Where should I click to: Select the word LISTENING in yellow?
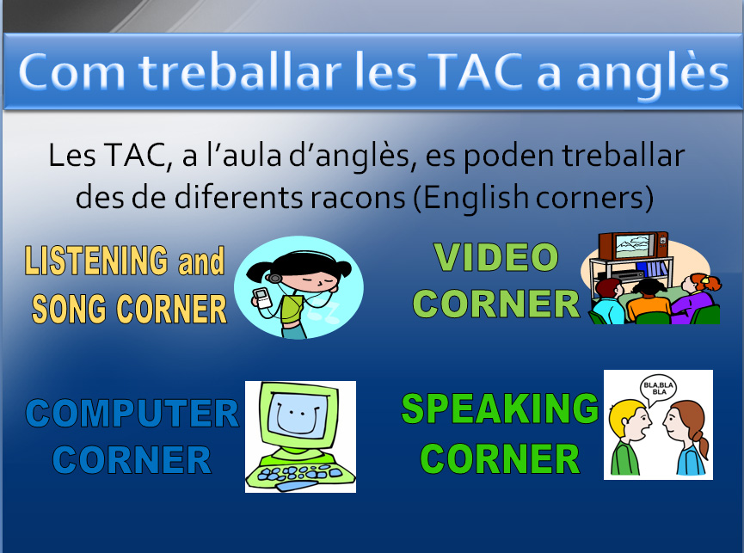point(95,261)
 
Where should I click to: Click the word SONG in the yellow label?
point(69,309)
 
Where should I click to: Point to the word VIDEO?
point(496,257)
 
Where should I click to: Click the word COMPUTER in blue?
point(132,414)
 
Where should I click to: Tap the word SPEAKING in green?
point(500,409)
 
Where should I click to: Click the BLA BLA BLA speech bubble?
point(658,390)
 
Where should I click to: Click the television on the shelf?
point(633,245)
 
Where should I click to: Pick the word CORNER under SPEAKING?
point(500,458)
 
